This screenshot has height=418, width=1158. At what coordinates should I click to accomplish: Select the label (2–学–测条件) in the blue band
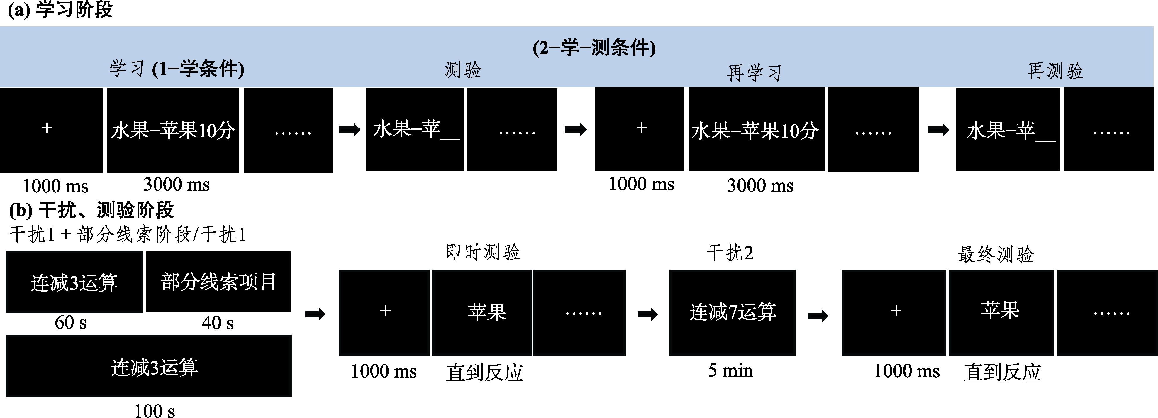pyautogui.click(x=594, y=48)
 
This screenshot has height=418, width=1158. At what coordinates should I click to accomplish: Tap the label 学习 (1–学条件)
pyautogui.click(x=177, y=69)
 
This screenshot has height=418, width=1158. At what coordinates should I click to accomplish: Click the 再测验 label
pyautogui.click(x=1055, y=71)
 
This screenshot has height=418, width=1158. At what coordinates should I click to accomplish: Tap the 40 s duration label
pyautogui.click(x=218, y=323)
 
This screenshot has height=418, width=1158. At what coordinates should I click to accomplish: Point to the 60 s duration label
pyautogui.click(x=71, y=322)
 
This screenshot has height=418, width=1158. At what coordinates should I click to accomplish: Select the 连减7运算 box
pyautogui.click(x=732, y=312)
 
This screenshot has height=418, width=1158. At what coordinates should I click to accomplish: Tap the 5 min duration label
pyautogui.click(x=730, y=370)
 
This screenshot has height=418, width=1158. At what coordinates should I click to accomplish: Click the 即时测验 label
pyautogui.click(x=483, y=252)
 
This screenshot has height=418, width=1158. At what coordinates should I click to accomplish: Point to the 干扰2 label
pyautogui.click(x=730, y=253)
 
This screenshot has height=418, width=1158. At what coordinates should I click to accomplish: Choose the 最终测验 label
pyautogui.click(x=996, y=254)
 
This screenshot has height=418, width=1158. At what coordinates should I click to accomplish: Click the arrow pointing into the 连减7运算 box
pyautogui.click(x=647, y=314)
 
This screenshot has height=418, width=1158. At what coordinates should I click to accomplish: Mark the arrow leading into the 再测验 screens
pyautogui.click(x=938, y=130)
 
